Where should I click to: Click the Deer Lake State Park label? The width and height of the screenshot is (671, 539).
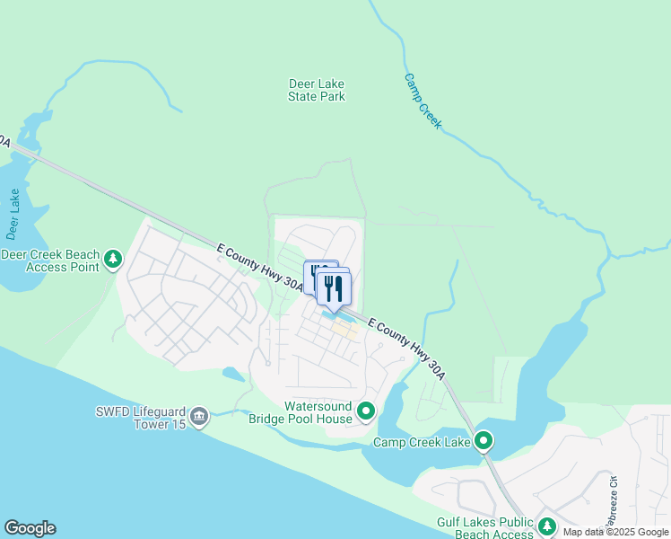click(317, 90)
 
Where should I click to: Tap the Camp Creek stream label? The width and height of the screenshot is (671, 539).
click(423, 101)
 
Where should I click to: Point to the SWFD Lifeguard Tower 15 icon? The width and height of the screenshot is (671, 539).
click(199, 416)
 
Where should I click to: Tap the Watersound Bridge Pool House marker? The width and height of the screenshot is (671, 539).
click(366, 411)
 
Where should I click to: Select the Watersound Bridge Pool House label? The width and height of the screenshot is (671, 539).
click(318, 412)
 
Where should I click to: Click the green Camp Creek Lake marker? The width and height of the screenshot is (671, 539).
click(484, 441)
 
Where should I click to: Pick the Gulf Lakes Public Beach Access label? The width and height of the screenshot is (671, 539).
click(485, 528)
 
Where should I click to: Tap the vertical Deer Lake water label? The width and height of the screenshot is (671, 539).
click(13, 215)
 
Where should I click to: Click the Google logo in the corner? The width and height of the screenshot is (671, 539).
click(30, 528)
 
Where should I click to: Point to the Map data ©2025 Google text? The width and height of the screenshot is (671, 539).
click(616, 532)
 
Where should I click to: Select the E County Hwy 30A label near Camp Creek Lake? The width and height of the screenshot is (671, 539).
click(406, 344)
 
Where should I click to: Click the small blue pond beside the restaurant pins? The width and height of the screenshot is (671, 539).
click(340, 315)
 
